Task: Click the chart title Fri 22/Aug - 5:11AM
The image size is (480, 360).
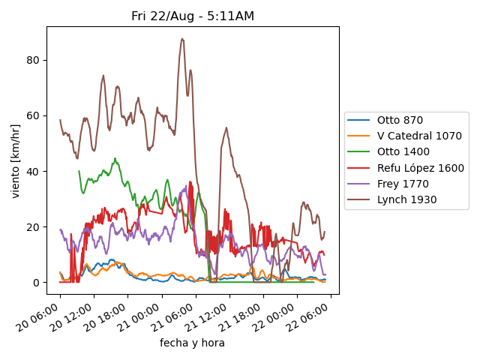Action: (193, 16)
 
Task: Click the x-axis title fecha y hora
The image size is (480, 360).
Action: (192, 343)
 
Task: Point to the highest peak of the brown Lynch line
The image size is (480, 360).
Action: (182, 38)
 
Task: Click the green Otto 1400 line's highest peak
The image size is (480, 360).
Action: (115, 158)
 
